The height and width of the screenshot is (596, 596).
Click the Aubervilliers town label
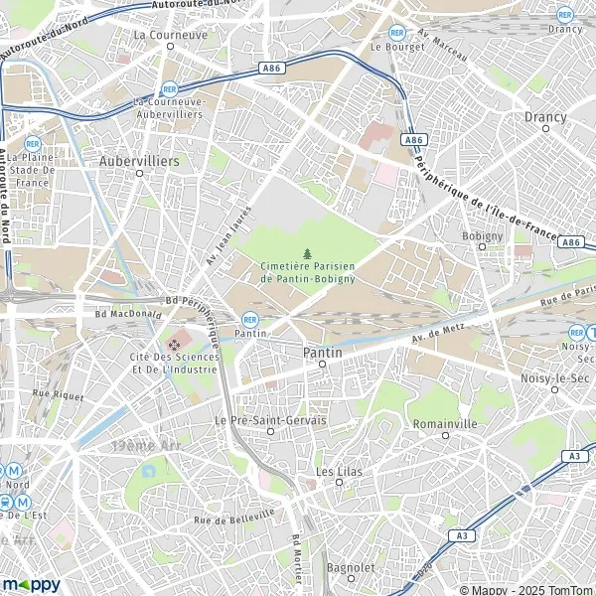(139, 159)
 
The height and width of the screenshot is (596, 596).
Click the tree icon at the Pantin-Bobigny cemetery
(307, 254)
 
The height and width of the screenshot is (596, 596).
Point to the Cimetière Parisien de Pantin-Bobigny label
(306, 272)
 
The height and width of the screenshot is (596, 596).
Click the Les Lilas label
(339, 470)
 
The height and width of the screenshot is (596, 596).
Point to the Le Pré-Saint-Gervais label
(270, 420)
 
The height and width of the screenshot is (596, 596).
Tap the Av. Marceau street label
(443, 45)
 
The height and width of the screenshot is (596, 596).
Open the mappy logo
(32, 584)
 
